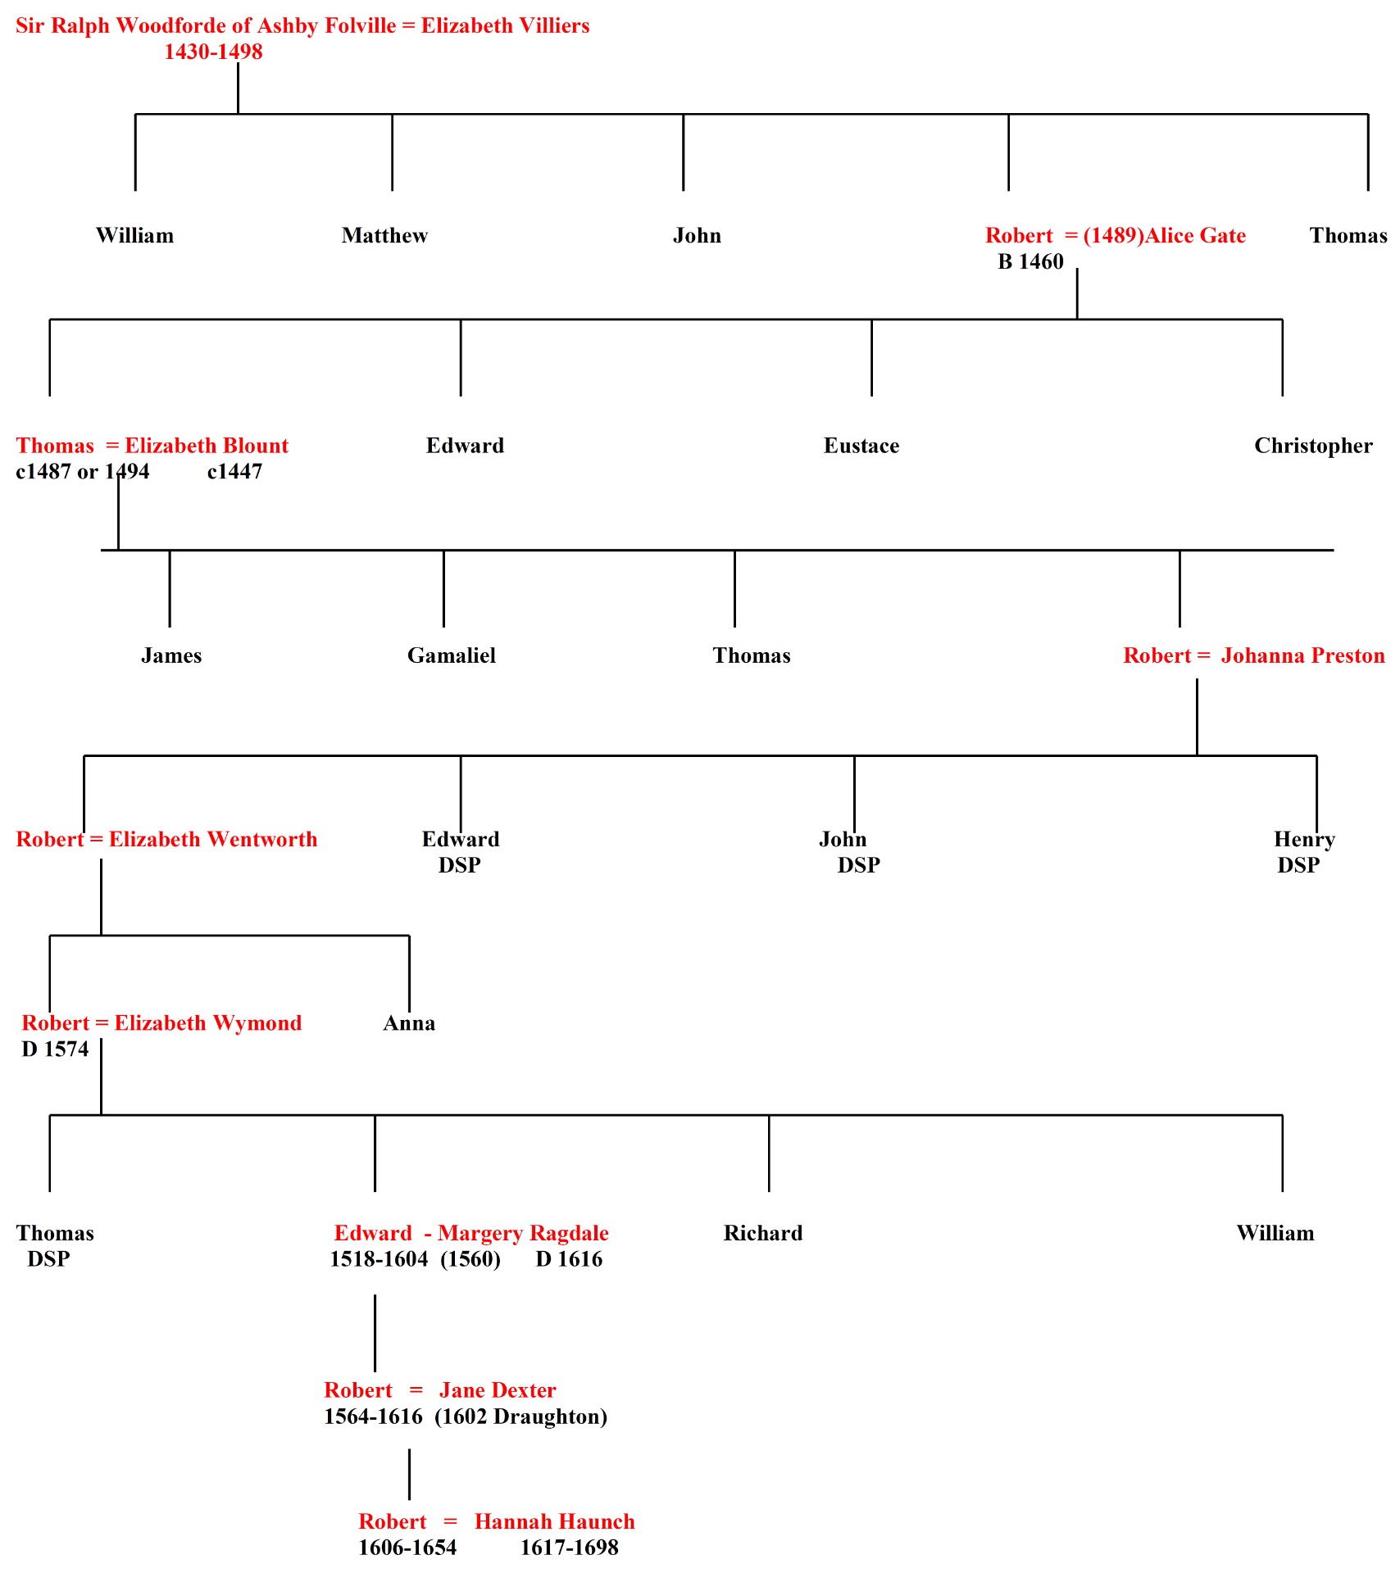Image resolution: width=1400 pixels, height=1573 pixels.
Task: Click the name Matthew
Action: tap(384, 236)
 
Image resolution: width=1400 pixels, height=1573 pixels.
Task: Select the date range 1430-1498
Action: tap(213, 52)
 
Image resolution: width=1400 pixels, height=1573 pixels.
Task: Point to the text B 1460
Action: tap(1030, 262)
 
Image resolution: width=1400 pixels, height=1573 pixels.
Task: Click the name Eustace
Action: tap(861, 446)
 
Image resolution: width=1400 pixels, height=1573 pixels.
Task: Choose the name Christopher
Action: tap(1313, 446)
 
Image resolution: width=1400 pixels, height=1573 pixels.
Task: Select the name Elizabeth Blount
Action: tap(207, 446)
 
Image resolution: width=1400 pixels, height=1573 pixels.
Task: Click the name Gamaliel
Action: tap(452, 655)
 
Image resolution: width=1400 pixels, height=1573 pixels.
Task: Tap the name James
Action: tap(171, 655)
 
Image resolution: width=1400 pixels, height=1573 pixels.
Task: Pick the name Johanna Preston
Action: tap(1302, 655)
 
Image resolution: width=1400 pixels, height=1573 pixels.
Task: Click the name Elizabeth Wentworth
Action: tap(213, 839)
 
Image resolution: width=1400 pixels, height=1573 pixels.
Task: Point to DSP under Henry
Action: tap(1298, 865)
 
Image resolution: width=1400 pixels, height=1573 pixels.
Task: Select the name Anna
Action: tap(409, 1023)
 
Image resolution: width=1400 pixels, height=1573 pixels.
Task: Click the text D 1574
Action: tap(55, 1049)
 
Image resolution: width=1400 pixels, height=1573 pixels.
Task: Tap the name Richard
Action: tap(763, 1233)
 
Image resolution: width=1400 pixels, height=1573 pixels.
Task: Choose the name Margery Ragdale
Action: tap(523, 1233)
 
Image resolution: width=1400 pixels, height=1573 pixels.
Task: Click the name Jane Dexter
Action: tap(498, 1390)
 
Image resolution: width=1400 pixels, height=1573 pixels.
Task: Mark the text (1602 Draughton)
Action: tap(520, 1417)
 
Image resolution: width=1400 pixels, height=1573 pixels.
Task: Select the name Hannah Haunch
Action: tap(555, 1521)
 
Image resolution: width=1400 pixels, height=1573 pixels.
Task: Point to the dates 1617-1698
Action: tap(570, 1548)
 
